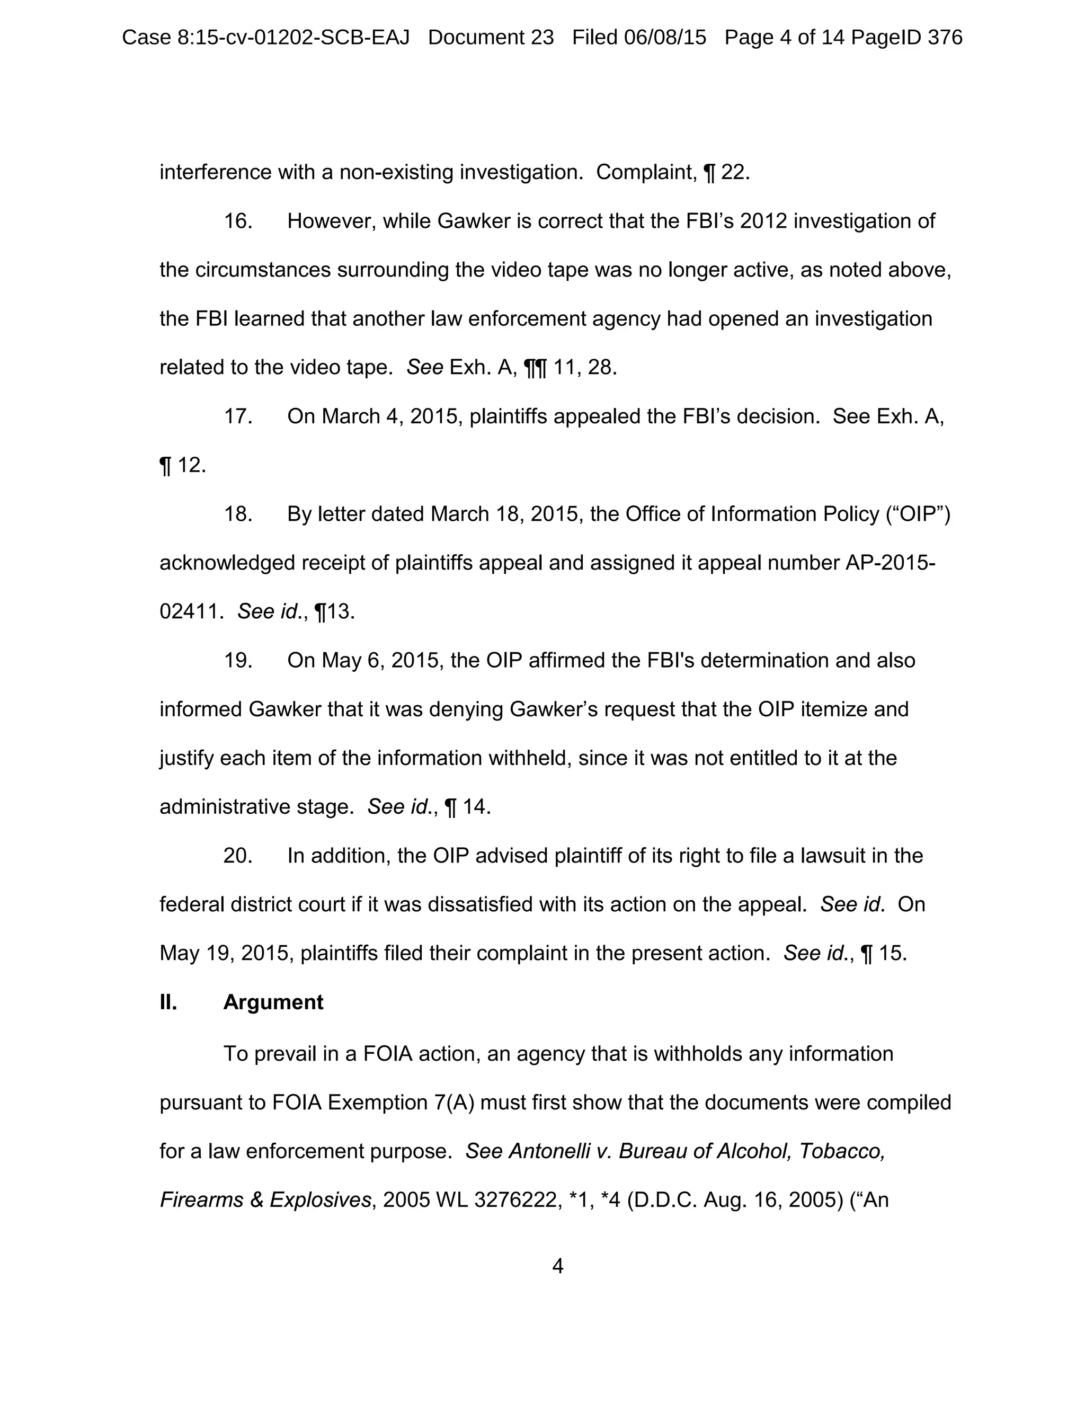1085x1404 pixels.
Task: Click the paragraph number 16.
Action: [237, 221]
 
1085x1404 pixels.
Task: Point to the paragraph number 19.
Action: [237, 661]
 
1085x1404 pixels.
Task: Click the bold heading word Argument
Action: [273, 1002]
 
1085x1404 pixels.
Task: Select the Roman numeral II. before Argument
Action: [168, 1002]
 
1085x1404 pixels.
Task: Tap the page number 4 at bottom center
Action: [557, 1266]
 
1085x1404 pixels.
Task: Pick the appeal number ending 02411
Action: [191, 611]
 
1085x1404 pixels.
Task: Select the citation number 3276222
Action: [517, 1200]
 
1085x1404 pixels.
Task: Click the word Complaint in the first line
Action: [645, 172]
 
